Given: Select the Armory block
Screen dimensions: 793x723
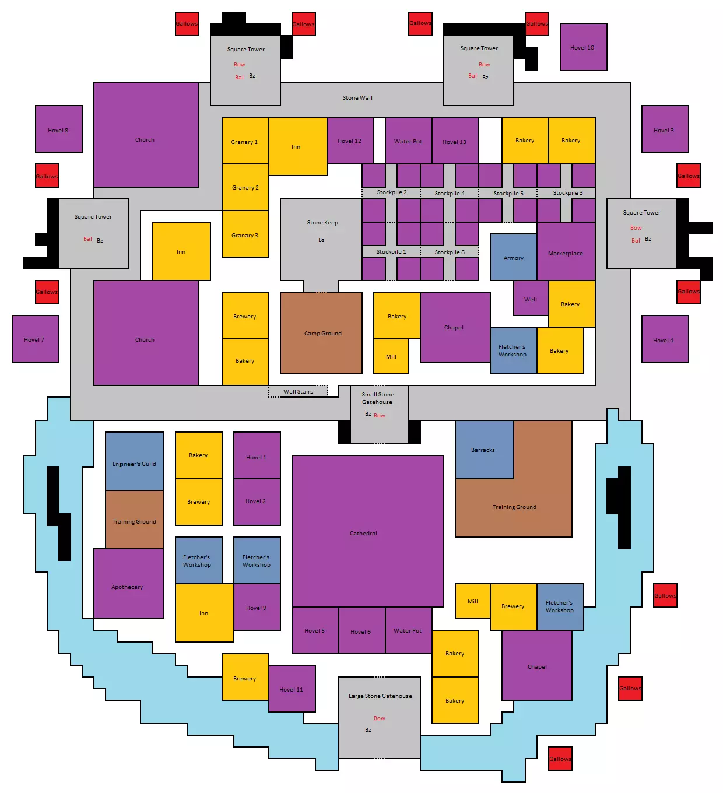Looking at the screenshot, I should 513,257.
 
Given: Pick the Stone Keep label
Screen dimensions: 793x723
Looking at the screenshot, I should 322,223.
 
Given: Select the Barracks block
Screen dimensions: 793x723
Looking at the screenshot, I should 483,450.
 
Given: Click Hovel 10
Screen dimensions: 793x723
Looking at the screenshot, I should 583,47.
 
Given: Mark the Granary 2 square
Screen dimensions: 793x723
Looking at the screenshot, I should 245,187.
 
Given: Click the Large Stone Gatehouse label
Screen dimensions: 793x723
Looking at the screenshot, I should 380,696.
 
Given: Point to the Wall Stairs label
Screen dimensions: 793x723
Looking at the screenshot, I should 298,392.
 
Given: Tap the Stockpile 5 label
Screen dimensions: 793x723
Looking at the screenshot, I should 508,194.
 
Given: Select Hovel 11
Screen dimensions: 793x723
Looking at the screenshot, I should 292,689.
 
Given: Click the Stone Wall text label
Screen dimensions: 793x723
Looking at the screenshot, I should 357,98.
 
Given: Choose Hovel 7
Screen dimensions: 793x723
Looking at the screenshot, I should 35,339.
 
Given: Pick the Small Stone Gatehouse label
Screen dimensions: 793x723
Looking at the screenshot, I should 378,398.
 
